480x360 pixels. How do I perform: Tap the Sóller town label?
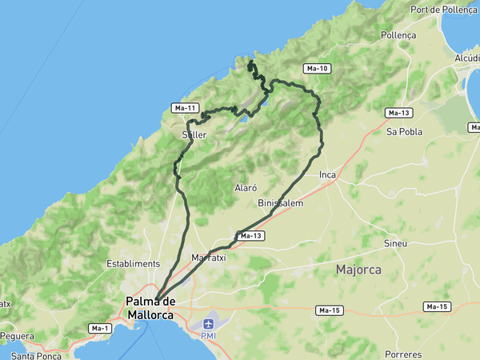(x=194, y=135)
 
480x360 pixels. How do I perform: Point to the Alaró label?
(x=246, y=188)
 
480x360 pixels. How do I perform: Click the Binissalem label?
(x=281, y=203)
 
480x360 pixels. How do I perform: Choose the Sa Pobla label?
(x=404, y=131)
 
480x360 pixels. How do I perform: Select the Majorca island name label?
(x=358, y=270)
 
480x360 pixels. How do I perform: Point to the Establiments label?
(x=134, y=263)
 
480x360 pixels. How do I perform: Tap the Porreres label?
(x=402, y=354)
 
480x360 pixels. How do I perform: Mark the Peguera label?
(x=18, y=335)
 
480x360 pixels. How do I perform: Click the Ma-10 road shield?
(x=318, y=69)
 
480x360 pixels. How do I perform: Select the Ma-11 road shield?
(x=185, y=108)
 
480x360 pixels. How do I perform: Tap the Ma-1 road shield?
(x=100, y=328)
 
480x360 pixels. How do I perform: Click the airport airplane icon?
(x=209, y=324)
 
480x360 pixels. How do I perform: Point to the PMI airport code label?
(x=208, y=336)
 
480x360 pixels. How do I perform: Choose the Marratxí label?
(x=210, y=258)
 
